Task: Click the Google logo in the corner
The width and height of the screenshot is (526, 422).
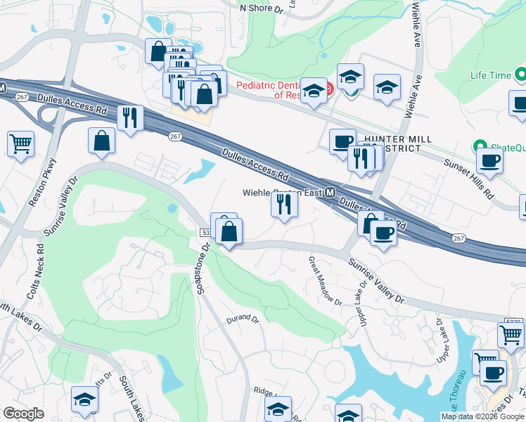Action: click(23, 414)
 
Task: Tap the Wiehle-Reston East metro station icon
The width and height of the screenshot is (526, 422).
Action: click(329, 192)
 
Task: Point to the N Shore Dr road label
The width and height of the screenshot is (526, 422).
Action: click(261, 8)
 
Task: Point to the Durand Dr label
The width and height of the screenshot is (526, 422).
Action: click(243, 319)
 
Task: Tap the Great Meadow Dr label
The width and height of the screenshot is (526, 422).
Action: click(323, 281)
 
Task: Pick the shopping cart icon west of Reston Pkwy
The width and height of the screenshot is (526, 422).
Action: click(21, 143)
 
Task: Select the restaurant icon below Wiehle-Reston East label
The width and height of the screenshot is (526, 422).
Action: click(284, 204)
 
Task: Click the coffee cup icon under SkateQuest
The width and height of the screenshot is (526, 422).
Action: click(489, 160)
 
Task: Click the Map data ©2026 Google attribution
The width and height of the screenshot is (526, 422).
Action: click(482, 416)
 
